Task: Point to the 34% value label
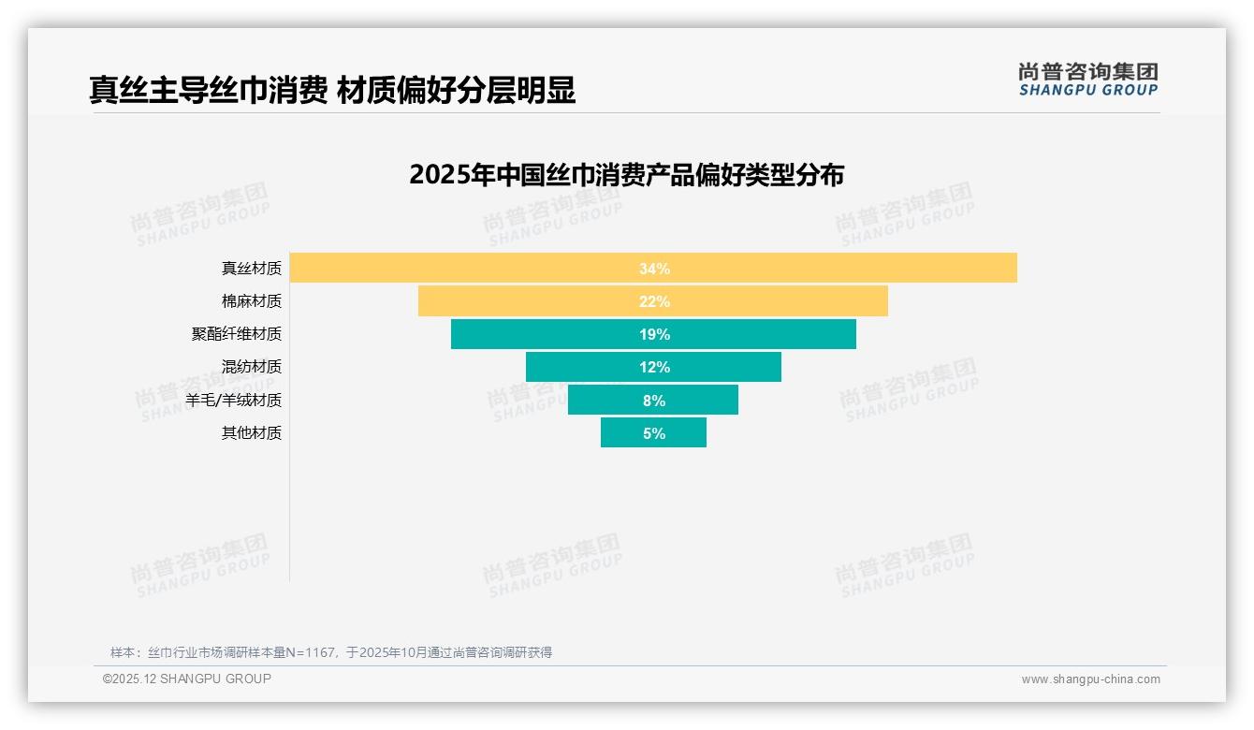[654, 269]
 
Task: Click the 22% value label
[654, 301]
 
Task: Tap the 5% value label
[654, 433]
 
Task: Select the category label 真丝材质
[251, 269]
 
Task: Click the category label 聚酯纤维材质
[236, 334]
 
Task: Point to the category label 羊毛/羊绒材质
[233, 401]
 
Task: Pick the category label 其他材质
[251, 433]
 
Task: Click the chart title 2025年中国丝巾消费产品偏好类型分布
[626, 175]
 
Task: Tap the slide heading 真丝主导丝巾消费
[208, 90]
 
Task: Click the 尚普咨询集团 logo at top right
[1087, 80]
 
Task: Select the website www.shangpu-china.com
[1090, 679]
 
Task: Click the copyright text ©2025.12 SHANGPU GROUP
[187, 679]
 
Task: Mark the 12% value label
[654, 367]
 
